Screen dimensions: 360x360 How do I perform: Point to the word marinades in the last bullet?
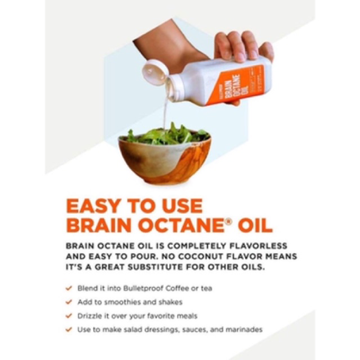pos(244,330)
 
